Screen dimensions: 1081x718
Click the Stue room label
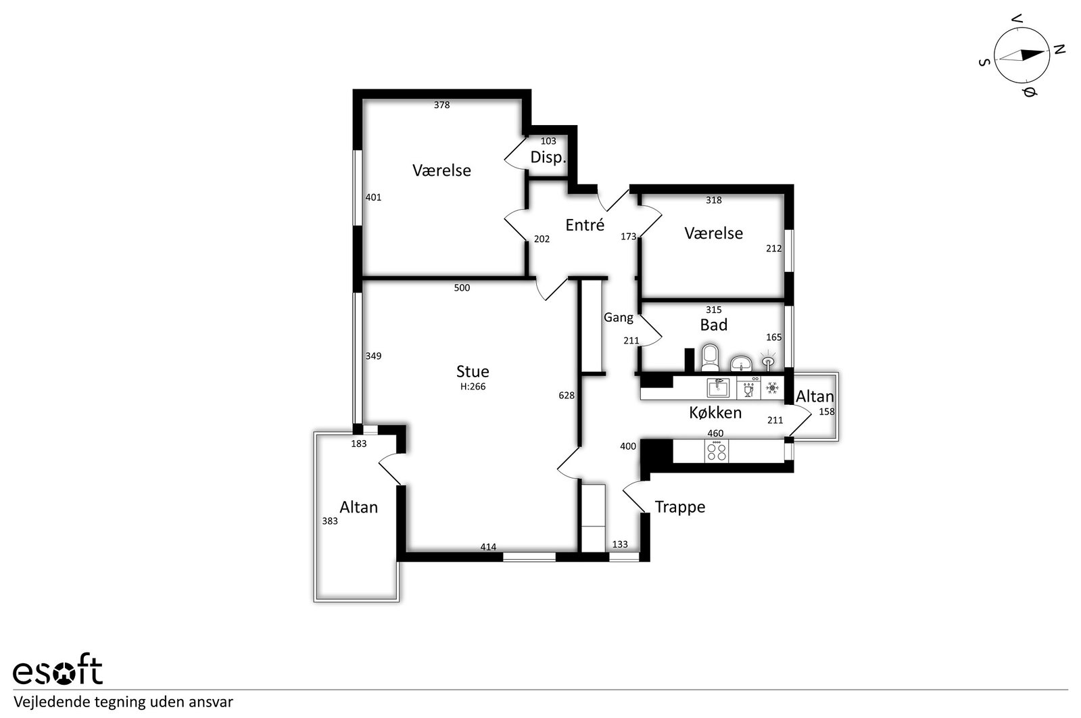click(x=473, y=371)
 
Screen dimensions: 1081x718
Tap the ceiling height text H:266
click(x=473, y=387)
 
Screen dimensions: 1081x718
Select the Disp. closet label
click(x=548, y=158)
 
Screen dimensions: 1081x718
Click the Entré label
click(x=585, y=225)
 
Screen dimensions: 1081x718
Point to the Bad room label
click(x=714, y=325)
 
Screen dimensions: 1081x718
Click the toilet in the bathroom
click(x=710, y=358)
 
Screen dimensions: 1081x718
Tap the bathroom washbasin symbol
click(x=741, y=363)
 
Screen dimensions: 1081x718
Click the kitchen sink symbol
click(x=718, y=387)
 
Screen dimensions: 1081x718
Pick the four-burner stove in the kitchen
click(x=717, y=452)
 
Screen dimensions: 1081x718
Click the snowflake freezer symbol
click(x=773, y=388)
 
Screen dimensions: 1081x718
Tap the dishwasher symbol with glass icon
click(x=748, y=388)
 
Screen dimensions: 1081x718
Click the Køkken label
click(x=715, y=412)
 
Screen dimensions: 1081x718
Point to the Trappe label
click(x=680, y=507)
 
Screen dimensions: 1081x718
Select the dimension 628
click(x=567, y=396)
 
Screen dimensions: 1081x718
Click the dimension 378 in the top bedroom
click(x=441, y=105)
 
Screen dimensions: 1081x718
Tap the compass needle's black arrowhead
click(x=1033, y=55)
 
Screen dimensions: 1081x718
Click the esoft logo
click(x=58, y=669)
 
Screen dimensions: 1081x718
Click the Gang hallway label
click(x=618, y=318)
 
